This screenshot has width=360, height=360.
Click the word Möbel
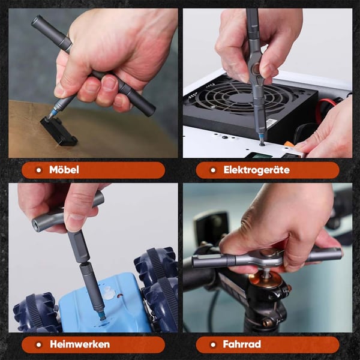[x=64, y=170]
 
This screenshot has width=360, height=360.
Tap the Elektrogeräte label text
[x=256, y=170]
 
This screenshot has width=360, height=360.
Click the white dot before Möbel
[x=37, y=170]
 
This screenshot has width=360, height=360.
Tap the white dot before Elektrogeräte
[x=211, y=170]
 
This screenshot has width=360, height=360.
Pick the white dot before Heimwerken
[x=37, y=344]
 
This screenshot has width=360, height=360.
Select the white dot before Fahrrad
[x=211, y=344]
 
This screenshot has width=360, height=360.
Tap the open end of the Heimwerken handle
[x=35, y=223]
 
